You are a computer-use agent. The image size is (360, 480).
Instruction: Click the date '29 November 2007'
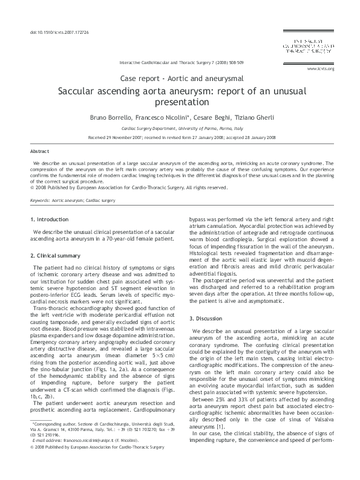(120, 138)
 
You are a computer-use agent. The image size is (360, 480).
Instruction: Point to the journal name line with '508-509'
(182, 62)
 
